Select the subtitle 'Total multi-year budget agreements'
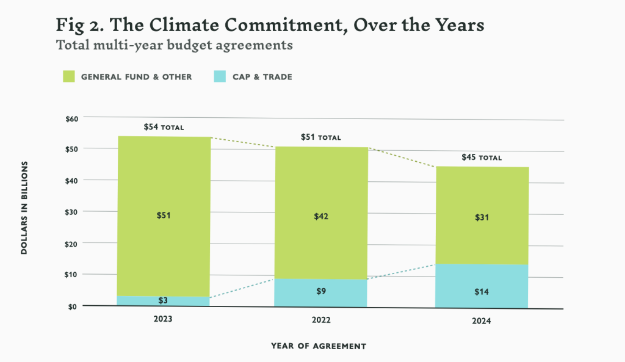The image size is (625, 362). pyautogui.click(x=174, y=45)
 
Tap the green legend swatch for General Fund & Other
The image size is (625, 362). pyautogui.click(x=68, y=76)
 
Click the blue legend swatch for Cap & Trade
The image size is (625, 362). pyautogui.click(x=220, y=76)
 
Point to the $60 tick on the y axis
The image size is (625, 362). pyautogui.click(x=72, y=118)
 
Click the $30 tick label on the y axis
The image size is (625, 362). pyautogui.click(x=72, y=212)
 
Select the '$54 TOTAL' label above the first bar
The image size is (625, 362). pyautogui.click(x=164, y=127)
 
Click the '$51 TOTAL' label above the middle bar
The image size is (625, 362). pyautogui.click(x=320, y=137)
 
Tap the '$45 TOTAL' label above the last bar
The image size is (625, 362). pyautogui.click(x=482, y=157)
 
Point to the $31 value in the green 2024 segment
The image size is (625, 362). pyautogui.click(x=482, y=217)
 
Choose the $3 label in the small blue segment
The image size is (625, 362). pyautogui.click(x=164, y=301)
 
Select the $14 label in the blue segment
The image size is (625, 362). pyautogui.click(x=482, y=292)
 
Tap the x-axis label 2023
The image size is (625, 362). pyautogui.click(x=164, y=318)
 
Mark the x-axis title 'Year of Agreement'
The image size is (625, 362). pyautogui.click(x=319, y=346)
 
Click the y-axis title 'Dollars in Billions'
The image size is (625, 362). pyautogui.click(x=25, y=208)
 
